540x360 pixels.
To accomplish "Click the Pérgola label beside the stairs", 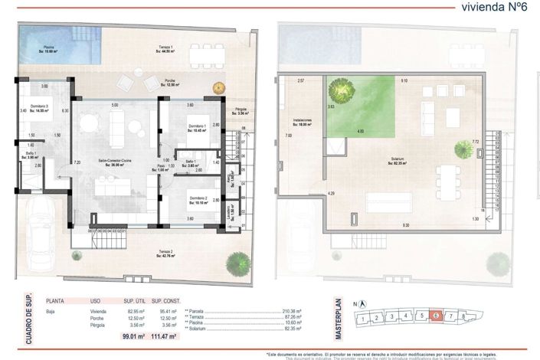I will [242, 110].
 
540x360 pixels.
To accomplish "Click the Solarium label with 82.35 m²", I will [398, 160].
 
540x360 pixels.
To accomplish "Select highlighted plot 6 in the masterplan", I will [435, 316].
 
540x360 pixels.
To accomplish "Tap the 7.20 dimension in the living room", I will [77, 162].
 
